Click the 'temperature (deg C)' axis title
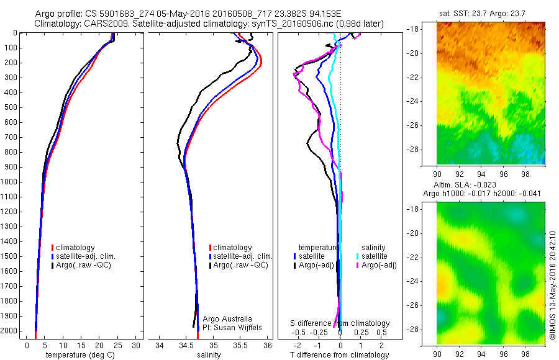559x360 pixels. pos(78,355)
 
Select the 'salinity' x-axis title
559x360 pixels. pos(209,355)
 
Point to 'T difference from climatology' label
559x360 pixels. pos(340,355)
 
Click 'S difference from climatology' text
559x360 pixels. pos(340,323)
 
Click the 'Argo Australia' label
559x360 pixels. pos(228,318)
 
